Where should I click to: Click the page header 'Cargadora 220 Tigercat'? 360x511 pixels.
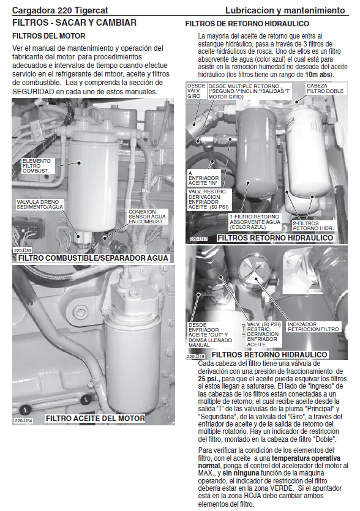pyautogui.click(x=60, y=10)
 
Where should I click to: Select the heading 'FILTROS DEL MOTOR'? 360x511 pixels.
pyautogui.click(x=49, y=36)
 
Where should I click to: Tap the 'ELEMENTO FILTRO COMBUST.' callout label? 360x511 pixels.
pyautogui.click(x=37, y=166)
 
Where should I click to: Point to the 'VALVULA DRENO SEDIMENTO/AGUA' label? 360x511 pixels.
pyautogui.click(x=40, y=204)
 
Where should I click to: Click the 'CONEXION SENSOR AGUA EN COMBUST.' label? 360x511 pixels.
pyautogui.click(x=147, y=217)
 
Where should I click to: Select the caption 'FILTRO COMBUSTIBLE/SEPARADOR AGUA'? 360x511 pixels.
pyautogui.click(x=93, y=258)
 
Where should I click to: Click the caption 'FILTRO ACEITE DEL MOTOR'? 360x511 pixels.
pyautogui.click(x=96, y=418)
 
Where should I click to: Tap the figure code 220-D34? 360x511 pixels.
pyautogui.click(x=23, y=420)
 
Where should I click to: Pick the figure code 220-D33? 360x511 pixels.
pyautogui.click(x=23, y=251)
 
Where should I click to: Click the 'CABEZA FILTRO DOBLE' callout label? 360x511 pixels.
pyautogui.click(x=325, y=89)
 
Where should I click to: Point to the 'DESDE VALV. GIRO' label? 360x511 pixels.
pyautogui.click(x=196, y=91)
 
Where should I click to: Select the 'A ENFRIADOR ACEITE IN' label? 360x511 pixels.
pyautogui.click(x=203, y=178)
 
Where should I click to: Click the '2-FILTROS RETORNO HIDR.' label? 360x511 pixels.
pyautogui.click(x=313, y=226)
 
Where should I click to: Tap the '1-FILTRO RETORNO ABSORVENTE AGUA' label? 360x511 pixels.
pyautogui.click(x=255, y=222)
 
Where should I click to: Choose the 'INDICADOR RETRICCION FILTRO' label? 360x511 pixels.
pyautogui.click(x=313, y=327)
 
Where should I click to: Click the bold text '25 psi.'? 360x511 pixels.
pyautogui.click(x=209, y=379)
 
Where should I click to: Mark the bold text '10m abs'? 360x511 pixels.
pyautogui.click(x=318, y=75)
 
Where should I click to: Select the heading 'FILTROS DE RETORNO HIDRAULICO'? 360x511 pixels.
pyautogui.click(x=247, y=24)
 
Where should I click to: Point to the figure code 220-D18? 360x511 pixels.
pyautogui.click(x=196, y=357)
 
